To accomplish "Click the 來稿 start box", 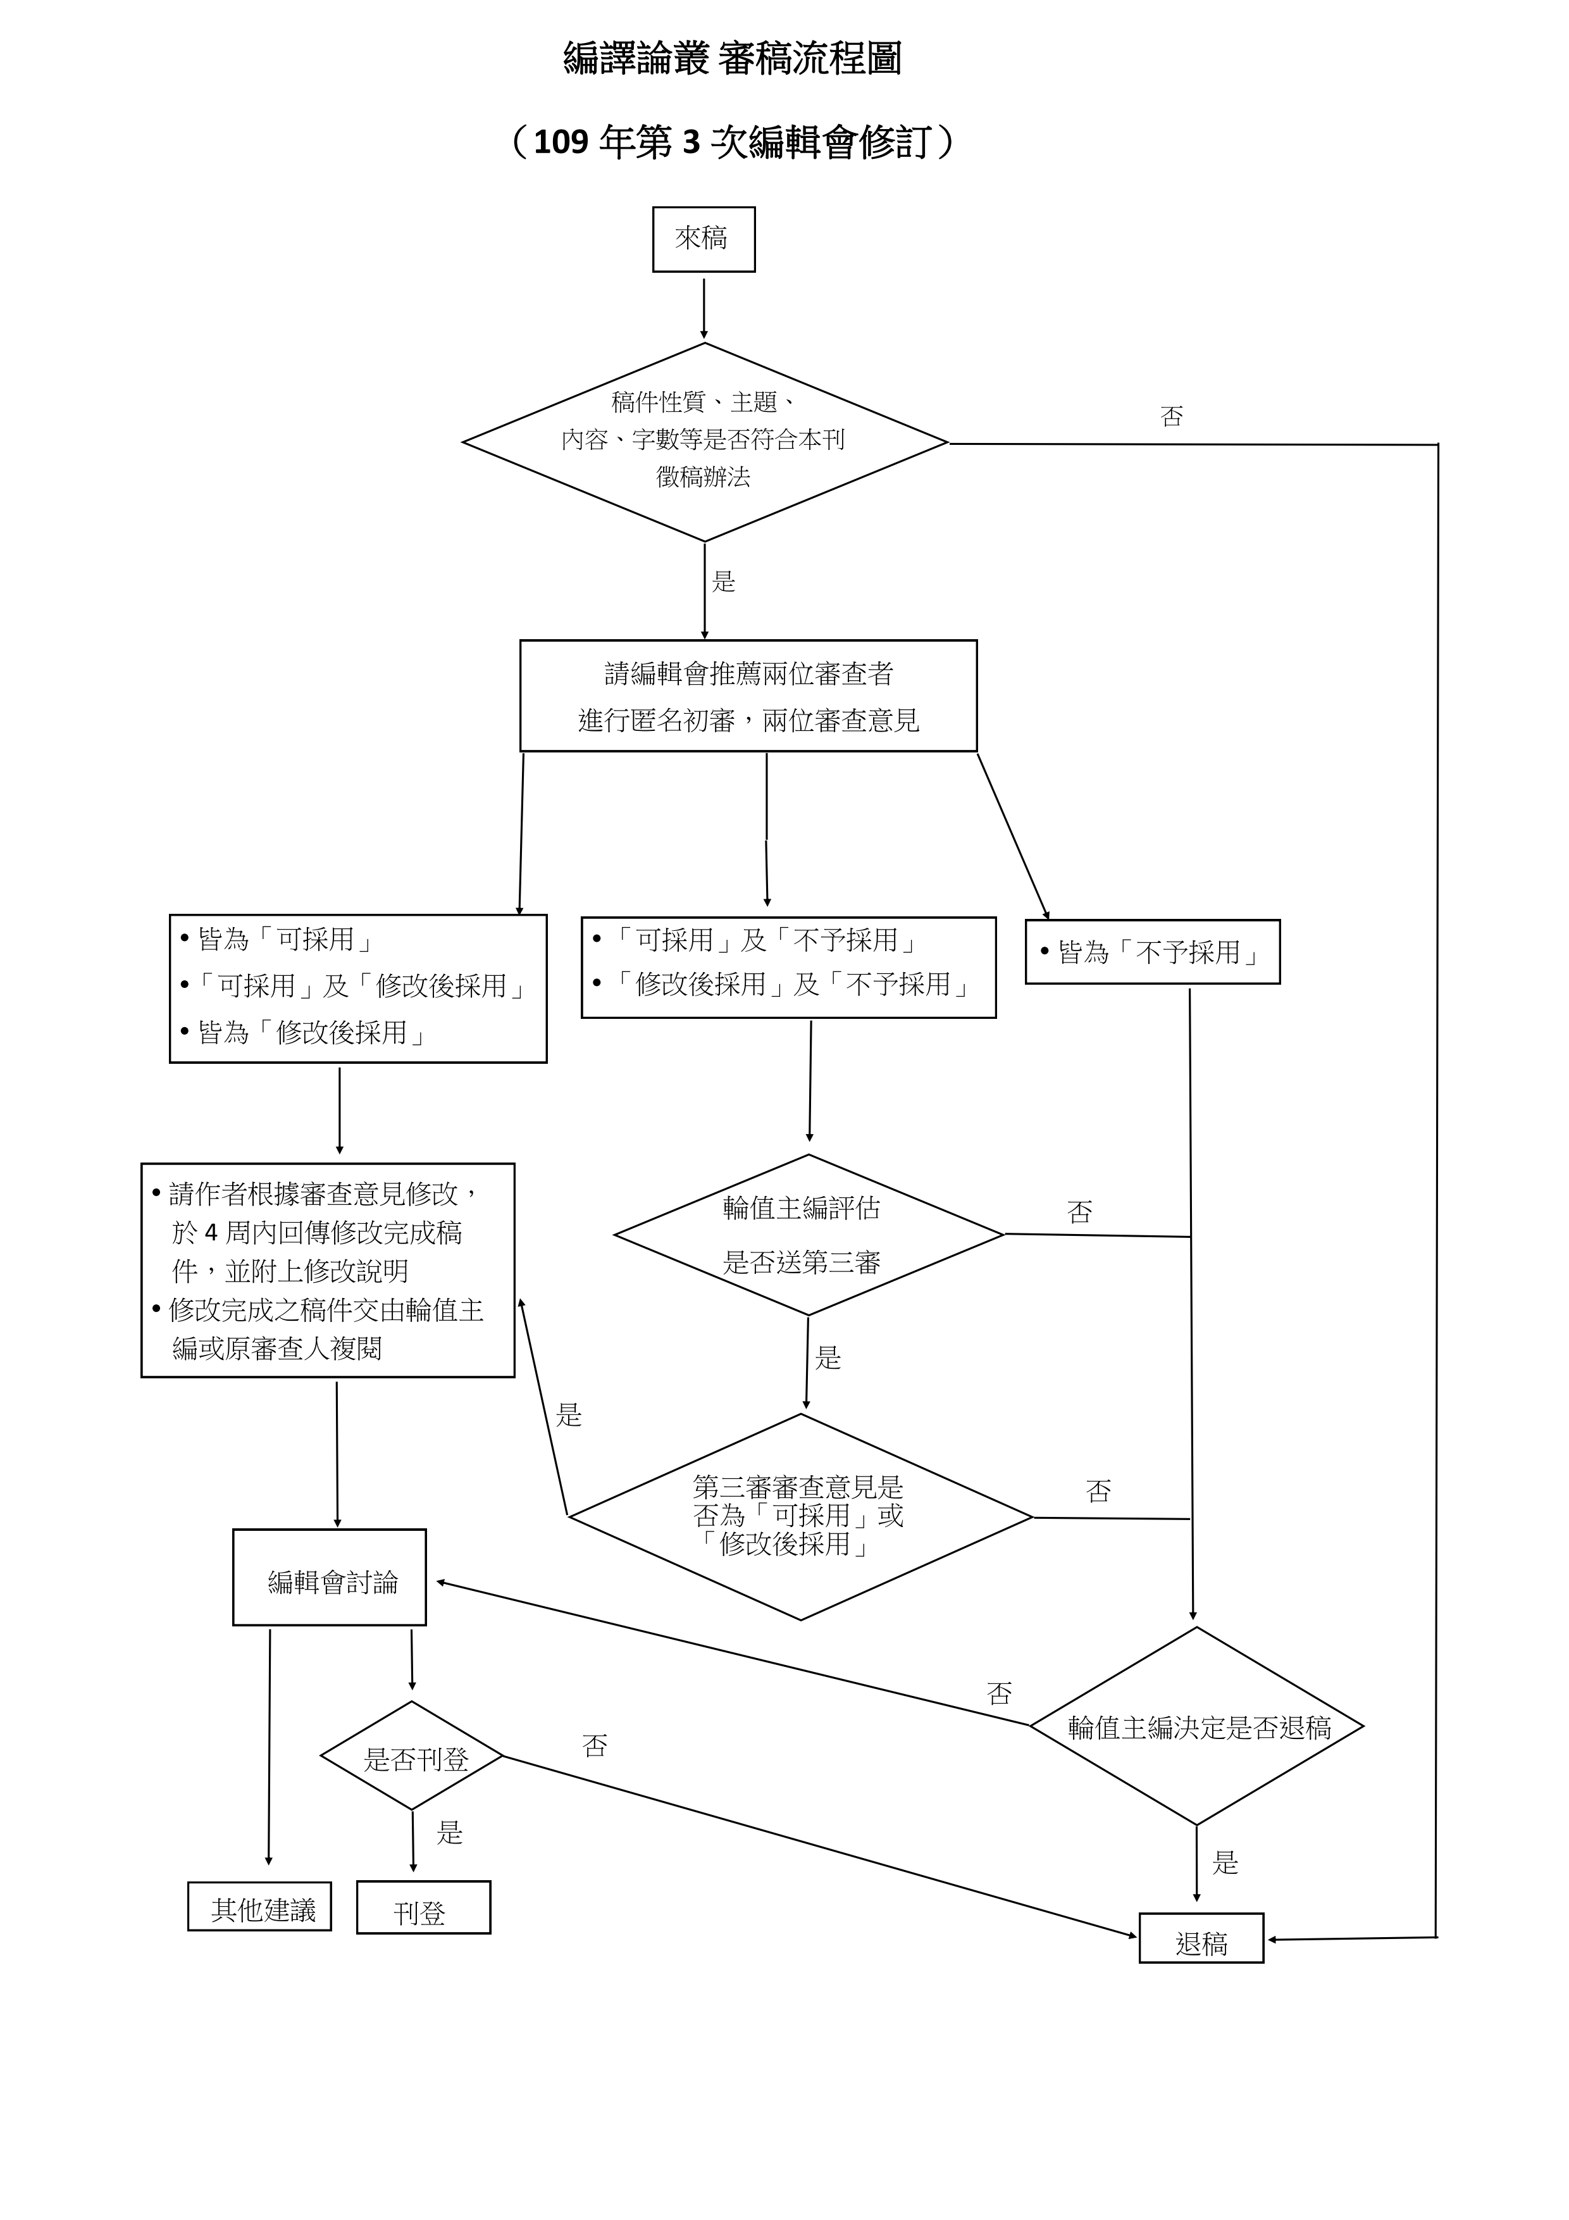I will (703, 239).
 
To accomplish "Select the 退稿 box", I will (1201, 1936).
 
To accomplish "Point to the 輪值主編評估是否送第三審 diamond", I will (807, 1235).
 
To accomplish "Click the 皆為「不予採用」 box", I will (1152, 952).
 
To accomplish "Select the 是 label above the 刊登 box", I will (450, 1832).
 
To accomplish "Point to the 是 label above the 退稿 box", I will (1225, 1862).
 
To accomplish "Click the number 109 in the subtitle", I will (561, 143).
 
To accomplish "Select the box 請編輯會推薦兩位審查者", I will (748, 696).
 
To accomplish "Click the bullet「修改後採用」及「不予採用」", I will (791, 984).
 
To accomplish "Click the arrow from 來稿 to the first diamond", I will (704, 308).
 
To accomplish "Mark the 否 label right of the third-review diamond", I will (1098, 1491).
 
